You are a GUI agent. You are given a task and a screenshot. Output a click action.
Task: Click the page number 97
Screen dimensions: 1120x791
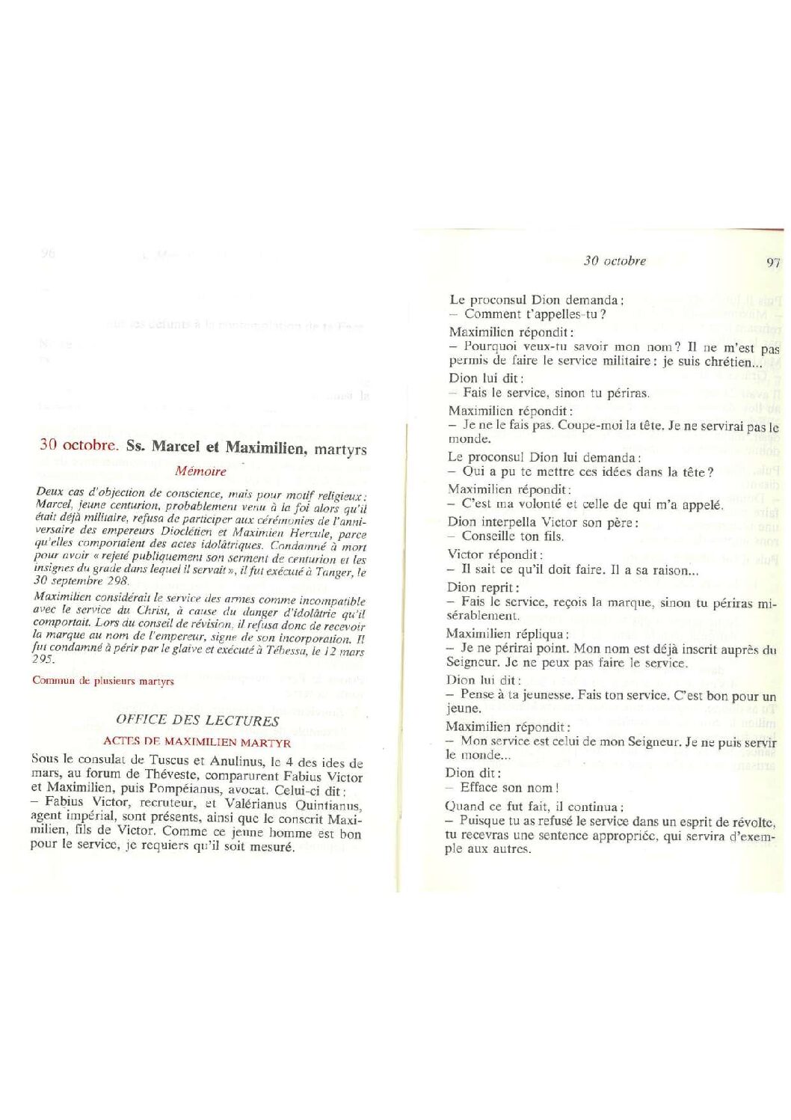[x=773, y=262]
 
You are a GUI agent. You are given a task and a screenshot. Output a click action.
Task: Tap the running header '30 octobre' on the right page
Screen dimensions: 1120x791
[x=615, y=260]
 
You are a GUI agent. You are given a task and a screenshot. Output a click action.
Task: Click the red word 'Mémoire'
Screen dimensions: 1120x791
[x=200, y=471]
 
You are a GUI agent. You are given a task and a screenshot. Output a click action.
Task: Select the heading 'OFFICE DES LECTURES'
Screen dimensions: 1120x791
[x=197, y=720]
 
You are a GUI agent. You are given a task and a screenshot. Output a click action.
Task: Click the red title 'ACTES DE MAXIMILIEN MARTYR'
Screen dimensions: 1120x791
[x=197, y=742]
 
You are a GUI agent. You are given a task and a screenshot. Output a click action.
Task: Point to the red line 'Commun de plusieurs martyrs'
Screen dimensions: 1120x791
[x=103, y=681]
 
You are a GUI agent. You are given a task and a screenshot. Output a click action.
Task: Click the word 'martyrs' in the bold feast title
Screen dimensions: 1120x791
[x=340, y=450]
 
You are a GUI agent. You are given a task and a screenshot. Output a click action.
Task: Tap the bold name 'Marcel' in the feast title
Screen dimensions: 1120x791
[x=176, y=447]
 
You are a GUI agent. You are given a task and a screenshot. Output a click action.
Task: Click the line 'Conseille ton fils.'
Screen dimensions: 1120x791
[x=512, y=536]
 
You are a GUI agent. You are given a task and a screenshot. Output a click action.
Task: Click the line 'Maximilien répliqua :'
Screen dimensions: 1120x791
[x=508, y=634]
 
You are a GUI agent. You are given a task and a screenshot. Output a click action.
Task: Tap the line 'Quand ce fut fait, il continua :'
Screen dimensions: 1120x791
[x=532, y=807]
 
